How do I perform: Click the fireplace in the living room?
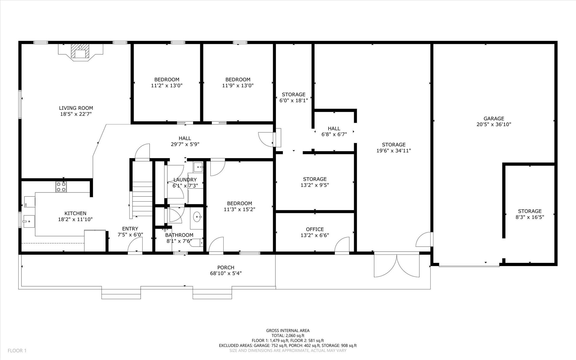(x=81, y=52)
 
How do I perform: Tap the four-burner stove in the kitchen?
(x=61, y=187)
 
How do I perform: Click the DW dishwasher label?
(x=26, y=205)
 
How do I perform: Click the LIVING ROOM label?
(x=76, y=108)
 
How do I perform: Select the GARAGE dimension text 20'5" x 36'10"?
(x=494, y=124)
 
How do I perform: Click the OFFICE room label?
(x=315, y=229)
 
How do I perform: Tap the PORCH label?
(x=226, y=267)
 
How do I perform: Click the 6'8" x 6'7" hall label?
(x=334, y=135)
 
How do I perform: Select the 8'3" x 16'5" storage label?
(x=530, y=217)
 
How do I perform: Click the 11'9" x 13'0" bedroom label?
(x=238, y=86)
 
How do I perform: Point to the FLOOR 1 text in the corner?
(x=17, y=351)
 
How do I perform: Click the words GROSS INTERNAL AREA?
(x=288, y=330)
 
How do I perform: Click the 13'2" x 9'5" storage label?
(x=315, y=185)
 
